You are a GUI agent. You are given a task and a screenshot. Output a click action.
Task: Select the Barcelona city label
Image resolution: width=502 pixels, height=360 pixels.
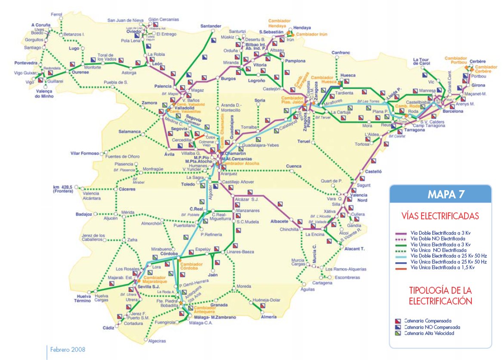click(x=452, y=111)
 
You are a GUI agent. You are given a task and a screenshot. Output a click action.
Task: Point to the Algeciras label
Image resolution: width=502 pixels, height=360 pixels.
click(x=157, y=341)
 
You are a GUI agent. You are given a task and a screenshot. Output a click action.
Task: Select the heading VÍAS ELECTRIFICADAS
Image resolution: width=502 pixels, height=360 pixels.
click(x=441, y=216)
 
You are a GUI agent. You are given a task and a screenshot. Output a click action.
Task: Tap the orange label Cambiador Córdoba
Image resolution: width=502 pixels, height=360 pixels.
click(x=190, y=266)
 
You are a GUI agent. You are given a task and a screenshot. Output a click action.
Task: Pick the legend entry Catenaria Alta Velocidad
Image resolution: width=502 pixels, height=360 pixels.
click(x=428, y=333)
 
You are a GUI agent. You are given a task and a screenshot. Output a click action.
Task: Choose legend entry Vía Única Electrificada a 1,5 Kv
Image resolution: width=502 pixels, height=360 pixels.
click(x=443, y=267)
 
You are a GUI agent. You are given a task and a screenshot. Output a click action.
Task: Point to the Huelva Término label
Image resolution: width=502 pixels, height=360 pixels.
click(x=81, y=298)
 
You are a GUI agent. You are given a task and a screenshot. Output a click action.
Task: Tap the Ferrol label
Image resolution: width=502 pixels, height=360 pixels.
click(x=56, y=14)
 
